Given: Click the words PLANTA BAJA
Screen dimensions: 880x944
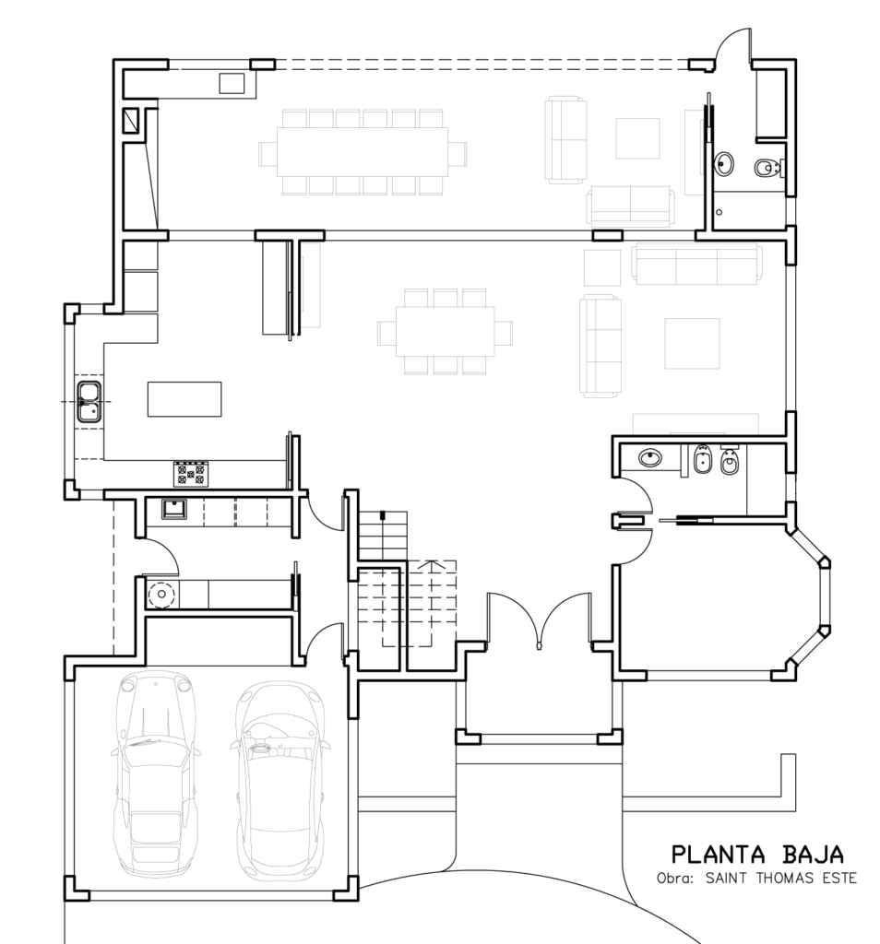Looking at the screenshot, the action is [x=757, y=855].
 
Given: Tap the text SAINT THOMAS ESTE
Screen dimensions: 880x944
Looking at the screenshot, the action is [x=780, y=878].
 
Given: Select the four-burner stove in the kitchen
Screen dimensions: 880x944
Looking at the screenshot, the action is [x=191, y=474].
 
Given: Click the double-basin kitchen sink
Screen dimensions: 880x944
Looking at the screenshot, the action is [x=89, y=402].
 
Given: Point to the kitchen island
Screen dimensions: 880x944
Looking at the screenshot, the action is [x=184, y=399].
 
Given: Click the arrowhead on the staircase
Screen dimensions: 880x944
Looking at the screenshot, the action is [x=431, y=564].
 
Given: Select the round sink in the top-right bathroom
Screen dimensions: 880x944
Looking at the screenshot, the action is [x=724, y=163].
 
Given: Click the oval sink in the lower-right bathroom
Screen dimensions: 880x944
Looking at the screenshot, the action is [x=650, y=458].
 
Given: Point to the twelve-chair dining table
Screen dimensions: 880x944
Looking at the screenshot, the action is [x=363, y=151].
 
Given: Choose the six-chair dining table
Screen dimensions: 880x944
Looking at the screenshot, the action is [x=446, y=332].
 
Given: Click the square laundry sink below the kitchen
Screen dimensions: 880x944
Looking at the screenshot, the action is [x=174, y=509].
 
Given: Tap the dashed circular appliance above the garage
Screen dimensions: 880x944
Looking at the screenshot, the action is [x=161, y=595].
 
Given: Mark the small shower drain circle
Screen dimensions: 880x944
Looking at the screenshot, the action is [x=719, y=212].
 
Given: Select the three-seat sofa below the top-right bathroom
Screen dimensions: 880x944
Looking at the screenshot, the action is [x=696, y=264].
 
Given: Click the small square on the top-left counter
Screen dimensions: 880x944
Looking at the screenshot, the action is [x=232, y=84].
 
